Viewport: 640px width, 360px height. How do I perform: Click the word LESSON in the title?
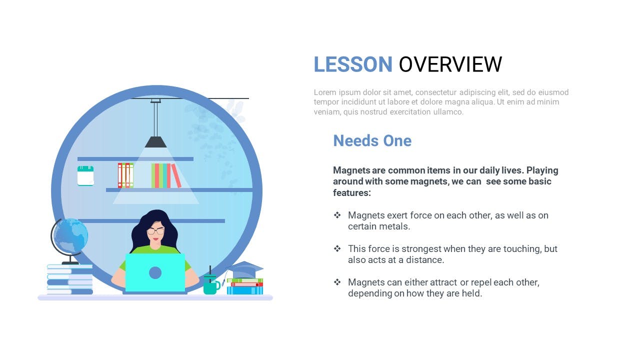coord(353,64)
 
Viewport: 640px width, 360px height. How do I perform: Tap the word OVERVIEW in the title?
coord(450,64)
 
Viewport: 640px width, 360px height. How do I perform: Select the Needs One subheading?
coord(372,140)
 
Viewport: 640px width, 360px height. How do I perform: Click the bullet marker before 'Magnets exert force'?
coord(337,215)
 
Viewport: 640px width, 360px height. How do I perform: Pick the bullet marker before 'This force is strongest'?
coord(337,248)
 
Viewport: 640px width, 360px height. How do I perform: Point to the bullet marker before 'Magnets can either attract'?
coord(337,282)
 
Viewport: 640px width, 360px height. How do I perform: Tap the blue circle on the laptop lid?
coord(155,273)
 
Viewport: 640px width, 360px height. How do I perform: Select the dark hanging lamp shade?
coord(155,142)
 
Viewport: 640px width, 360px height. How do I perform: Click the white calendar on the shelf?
coord(85,175)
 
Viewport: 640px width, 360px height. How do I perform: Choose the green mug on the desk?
coord(211,285)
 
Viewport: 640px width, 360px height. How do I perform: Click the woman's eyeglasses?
coord(155,231)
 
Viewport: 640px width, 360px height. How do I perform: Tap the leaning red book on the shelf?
coord(176,175)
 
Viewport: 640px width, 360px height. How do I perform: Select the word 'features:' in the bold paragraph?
coord(352,193)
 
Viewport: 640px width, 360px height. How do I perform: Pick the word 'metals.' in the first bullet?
coord(395,226)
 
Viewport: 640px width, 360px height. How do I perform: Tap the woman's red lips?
coord(155,239)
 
